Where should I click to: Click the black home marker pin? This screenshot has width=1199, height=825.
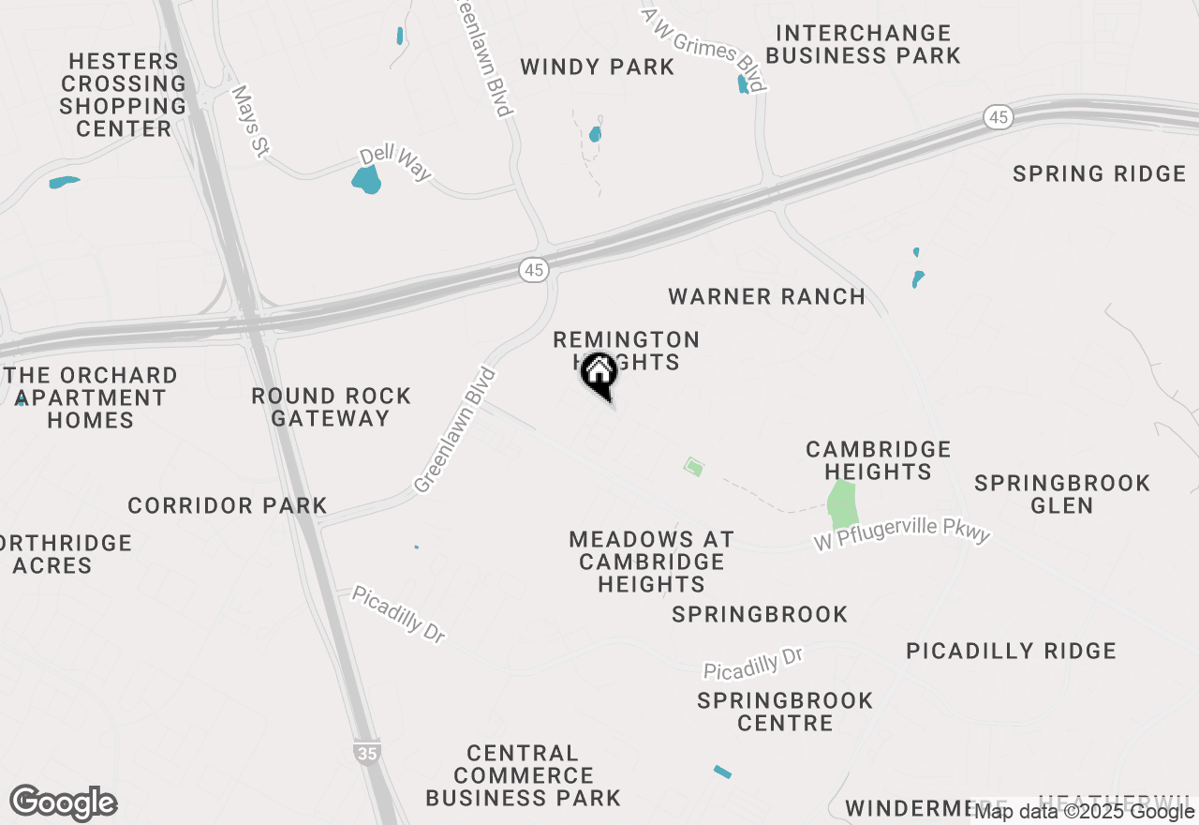coord(599,375)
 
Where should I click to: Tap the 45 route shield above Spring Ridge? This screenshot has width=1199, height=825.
coord(999,117)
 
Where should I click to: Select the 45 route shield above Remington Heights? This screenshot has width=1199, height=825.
coord(533,270)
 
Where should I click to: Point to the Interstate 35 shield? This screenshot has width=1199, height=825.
coord(367,753)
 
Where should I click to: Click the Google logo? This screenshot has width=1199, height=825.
coord(64,803)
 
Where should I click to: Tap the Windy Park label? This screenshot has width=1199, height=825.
coord(597,67)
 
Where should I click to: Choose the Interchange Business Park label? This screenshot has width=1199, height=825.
coord(863,44)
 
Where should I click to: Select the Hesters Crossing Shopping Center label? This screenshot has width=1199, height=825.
coord(123,95)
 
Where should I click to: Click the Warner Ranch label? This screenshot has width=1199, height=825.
coord(766,297)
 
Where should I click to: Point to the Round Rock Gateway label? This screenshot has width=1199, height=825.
coord(331,407)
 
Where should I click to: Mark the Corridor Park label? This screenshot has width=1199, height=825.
coord(228,506)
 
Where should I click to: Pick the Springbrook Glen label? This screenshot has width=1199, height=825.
coord(1061,494)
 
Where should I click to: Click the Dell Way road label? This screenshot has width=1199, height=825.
coord(397,163)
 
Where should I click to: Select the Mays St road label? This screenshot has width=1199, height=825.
coord(250,122)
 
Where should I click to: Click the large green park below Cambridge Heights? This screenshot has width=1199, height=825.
coord(842,503)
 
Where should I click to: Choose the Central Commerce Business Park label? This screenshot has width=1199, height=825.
coord(523,775)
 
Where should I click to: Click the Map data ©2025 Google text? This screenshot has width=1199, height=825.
coord(1085,812)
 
